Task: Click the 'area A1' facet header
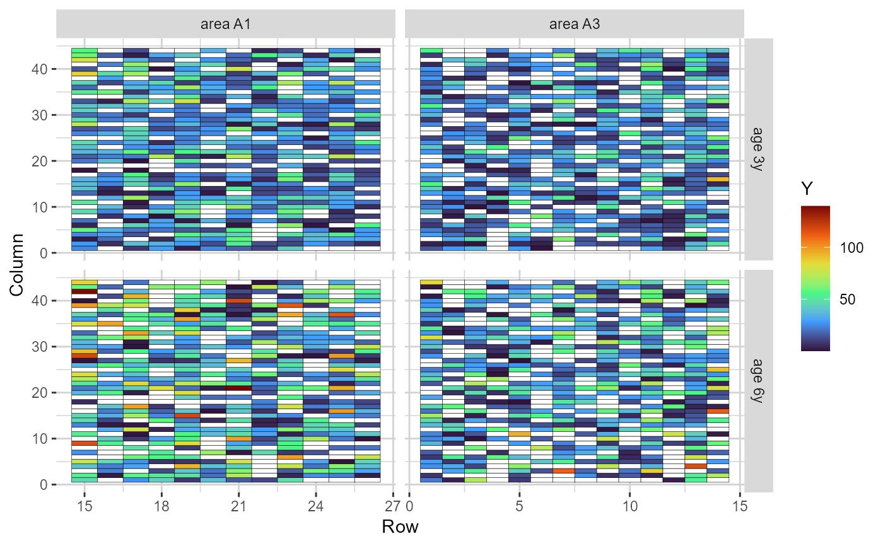pyautogui.click(x=226, y=25)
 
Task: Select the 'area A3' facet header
pyautogui.click(x=574, y=25)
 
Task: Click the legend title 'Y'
pyautogui.click(x=807, y=188)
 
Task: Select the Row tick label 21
pyautogui.click(x=238, y=507)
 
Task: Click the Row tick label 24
pyautogui.click(x=316, y=507)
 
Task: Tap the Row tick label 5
pyautogui.click(x=519, y=507)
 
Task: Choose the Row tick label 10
pyautogui.click(x=629, y=507)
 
